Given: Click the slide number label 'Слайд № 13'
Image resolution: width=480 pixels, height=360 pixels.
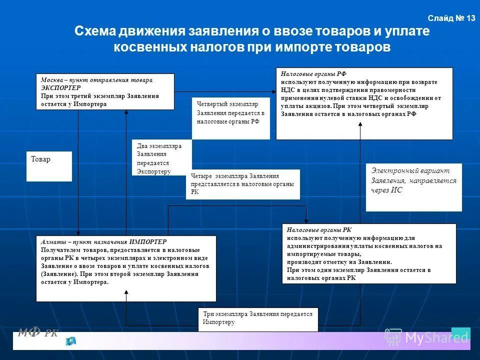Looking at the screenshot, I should [x=451, y=18].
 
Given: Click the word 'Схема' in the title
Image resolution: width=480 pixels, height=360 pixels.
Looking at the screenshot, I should [x=95, y=31].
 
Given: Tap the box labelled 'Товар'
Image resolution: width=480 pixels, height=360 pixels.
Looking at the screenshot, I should [x=48, y=166].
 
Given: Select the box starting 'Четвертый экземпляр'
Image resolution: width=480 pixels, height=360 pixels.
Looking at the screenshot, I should [x=230, y=118].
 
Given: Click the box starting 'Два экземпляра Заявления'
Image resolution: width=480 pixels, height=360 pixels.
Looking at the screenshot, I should [x=161, y=157].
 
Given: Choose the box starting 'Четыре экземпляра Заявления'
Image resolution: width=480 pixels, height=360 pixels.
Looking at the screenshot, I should [x=242, y=184].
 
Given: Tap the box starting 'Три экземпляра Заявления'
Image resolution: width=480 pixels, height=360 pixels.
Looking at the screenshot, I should [x=257, y=318].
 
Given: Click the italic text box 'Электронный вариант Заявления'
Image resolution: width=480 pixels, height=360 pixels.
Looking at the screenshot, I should [x=413, y=187].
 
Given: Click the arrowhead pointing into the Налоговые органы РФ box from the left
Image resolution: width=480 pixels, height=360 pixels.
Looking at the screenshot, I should [x=273, y=91].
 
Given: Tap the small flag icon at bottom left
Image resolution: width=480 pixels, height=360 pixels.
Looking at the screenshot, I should [x=70, y=341].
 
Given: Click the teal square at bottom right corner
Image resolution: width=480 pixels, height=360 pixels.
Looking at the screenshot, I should [x=460, y=333].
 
